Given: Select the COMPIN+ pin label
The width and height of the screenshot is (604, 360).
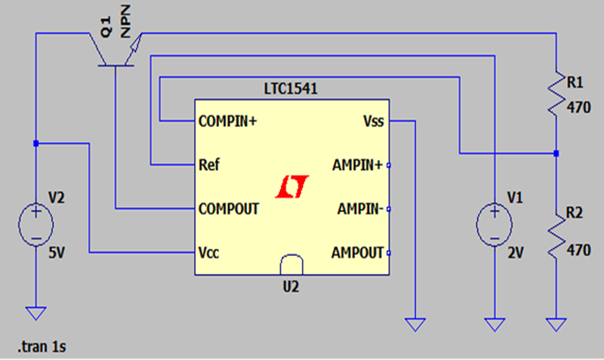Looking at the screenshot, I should pos(228,121).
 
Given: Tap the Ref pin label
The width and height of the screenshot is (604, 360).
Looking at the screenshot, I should pos(209,164).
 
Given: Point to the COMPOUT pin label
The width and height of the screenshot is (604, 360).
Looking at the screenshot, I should pos(229,208).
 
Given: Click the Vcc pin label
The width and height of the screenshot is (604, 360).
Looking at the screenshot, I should pos(210,252).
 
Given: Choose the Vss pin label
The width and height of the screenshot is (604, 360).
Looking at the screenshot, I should pos(373,121).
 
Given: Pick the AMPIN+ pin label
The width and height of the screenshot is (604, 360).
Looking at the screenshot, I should pos(358,165).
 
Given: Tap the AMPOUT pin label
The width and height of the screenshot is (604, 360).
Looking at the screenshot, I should pos(358,252).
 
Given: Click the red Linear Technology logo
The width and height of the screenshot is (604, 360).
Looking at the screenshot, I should pos(292,186).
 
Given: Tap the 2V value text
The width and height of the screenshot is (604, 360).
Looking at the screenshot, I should pos(515,254).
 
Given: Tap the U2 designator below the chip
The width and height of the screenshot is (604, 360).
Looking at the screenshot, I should pos(292,287).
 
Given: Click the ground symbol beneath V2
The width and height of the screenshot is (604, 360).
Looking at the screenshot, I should pos(36,312).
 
